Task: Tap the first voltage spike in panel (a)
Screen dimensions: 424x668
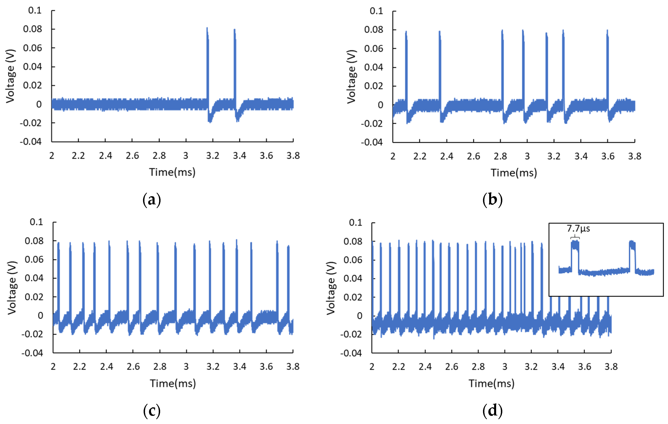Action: pos(207,69)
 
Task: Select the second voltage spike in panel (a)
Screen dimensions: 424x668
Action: pos(235,69)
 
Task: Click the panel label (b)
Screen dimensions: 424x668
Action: pos(492,200)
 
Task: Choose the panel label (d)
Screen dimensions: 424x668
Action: pos(492,411)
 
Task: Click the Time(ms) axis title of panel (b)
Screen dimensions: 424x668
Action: pos(514,173)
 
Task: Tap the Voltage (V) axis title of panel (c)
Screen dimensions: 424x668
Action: pos(12,288)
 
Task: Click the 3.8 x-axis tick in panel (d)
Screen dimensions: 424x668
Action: pos(611,367)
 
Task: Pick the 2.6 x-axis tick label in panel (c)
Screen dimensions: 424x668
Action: pos(133,367)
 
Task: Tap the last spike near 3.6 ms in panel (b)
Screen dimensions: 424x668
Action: pos(607,69)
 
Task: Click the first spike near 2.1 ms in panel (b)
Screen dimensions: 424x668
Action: pos(406,69)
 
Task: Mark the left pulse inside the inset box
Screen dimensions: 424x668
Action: pos(575,256)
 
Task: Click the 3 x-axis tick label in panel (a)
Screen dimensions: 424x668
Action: pos(186,156)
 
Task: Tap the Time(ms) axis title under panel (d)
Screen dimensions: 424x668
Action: pos(491,383)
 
